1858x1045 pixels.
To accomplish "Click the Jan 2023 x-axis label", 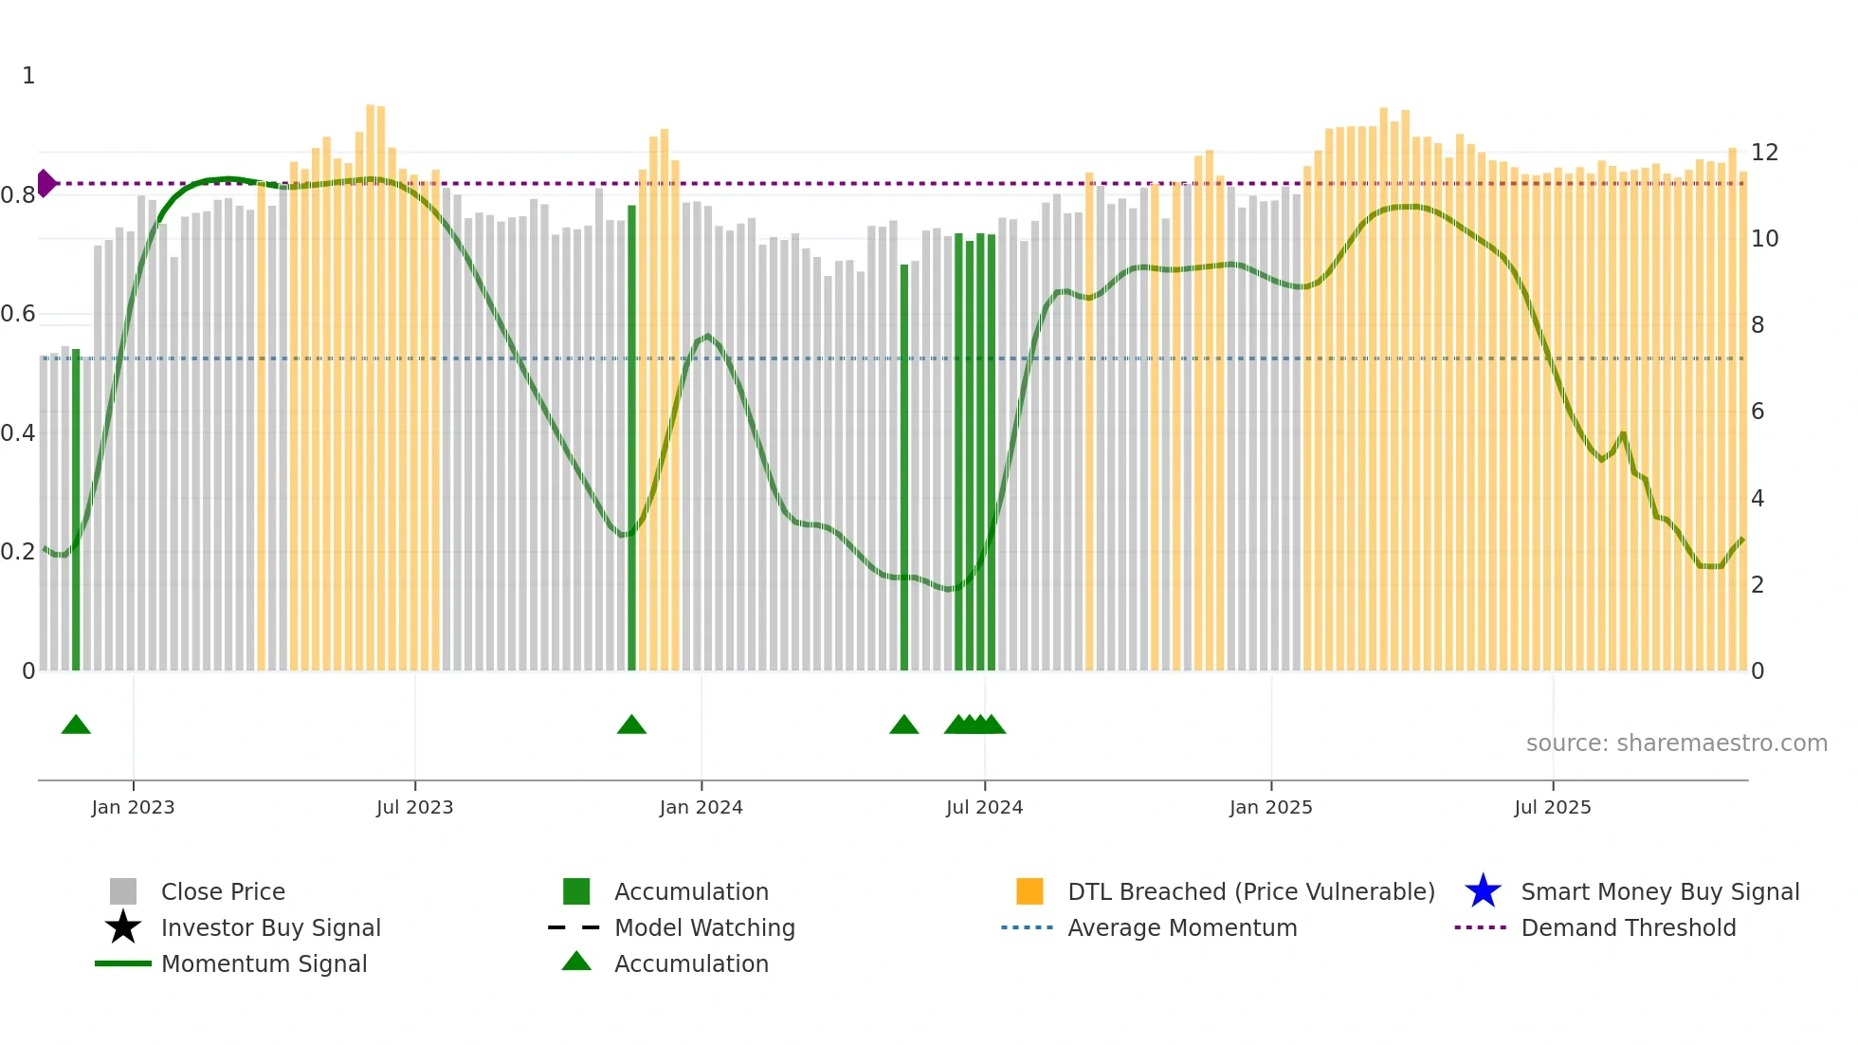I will pos(133,807).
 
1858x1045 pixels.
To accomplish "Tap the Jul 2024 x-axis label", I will pos(984,807).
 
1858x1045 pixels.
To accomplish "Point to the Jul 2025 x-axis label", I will pos(1552,807).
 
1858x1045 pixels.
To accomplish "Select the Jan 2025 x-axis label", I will pos(1270,807).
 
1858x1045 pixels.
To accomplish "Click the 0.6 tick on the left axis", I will pos(17,314).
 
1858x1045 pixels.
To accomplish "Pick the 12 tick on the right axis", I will pos(1764,153).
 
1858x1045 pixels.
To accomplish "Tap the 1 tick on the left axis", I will pos(28,76).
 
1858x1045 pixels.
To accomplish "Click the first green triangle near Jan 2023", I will pos(76,725).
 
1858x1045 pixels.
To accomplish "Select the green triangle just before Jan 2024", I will pos(631,725).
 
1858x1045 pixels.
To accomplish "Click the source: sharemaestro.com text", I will pos(1676,743).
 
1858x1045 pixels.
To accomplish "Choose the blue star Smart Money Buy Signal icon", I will pos(1483,891).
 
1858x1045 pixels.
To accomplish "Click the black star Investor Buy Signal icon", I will pos(123,927).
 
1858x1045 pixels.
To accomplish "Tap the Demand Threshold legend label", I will pos(1628,927).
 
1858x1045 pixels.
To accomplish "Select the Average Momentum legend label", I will pos(1181,927).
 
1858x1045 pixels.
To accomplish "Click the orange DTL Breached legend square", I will pos(1029,891).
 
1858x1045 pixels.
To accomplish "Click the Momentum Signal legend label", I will pos(264,963).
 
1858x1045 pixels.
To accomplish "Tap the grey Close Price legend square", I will pos(123,891).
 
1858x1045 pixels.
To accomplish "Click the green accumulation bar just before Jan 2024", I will pos(631,436).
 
